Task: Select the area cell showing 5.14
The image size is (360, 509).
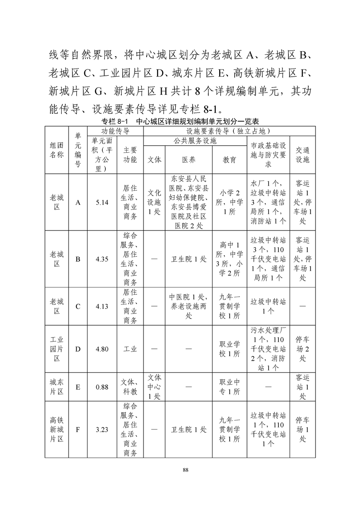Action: point(102,203)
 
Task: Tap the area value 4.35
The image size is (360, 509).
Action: point(102,259)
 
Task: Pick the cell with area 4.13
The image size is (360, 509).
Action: point(102,306)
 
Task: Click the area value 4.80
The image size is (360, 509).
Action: point(102,349)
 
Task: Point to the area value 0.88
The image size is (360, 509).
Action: point(102,387)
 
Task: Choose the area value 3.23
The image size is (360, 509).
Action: point(102,430)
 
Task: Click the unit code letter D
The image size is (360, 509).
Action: point(78,349)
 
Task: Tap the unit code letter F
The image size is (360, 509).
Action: point(78,430)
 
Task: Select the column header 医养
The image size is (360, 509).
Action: point(188,160)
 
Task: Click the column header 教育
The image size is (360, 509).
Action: point(229,160)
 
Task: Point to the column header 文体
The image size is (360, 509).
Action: point(154,160)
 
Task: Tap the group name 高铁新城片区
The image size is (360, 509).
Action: point(57,430)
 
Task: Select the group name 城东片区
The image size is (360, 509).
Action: point(57,387)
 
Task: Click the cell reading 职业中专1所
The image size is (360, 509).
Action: point(229,387)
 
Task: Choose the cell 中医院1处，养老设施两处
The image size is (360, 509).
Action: point(188,306)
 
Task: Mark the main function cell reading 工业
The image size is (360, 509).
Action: point(130,349)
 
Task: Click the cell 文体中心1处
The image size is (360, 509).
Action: point(154,387)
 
